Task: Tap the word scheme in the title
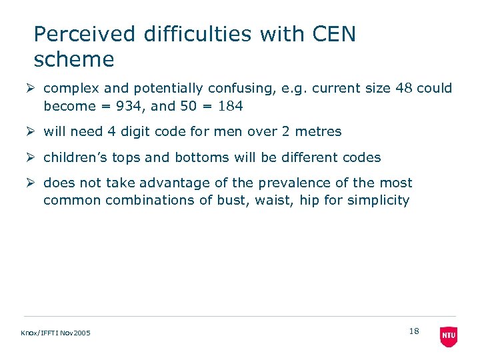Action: [x=74, y=59]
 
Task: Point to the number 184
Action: [x=229, y=105]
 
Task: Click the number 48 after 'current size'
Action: [x=403, y=88]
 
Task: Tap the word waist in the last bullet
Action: [x=273, y=200]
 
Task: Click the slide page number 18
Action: [x=414, y=331]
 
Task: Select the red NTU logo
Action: [x=449, y=336]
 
